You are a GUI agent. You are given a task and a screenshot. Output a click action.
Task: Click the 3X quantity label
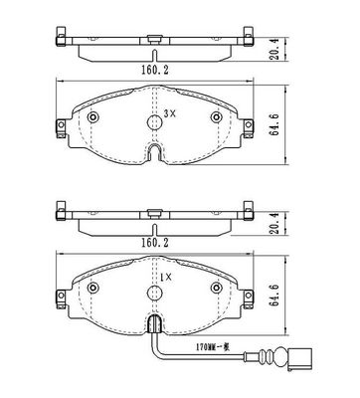[x=169, y=113]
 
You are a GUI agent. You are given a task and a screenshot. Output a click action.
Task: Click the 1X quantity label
[x=166, y=277]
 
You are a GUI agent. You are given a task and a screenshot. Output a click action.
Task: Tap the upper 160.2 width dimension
[x=155, y=70]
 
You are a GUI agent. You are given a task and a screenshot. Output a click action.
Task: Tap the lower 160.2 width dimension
[x=155, y=243]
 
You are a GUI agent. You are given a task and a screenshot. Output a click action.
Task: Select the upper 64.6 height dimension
[x=274, y=124]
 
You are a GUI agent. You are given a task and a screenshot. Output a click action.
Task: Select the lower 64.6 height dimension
[x=274, y=296]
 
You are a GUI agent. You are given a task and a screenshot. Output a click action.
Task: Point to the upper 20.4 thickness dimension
[x=274, y=49]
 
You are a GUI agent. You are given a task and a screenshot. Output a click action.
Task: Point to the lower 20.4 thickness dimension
[x=274, y=223]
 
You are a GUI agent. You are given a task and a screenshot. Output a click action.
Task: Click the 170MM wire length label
[x=212, y=347]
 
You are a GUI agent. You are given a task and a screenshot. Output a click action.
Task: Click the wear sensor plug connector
[x=299, y=358]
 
